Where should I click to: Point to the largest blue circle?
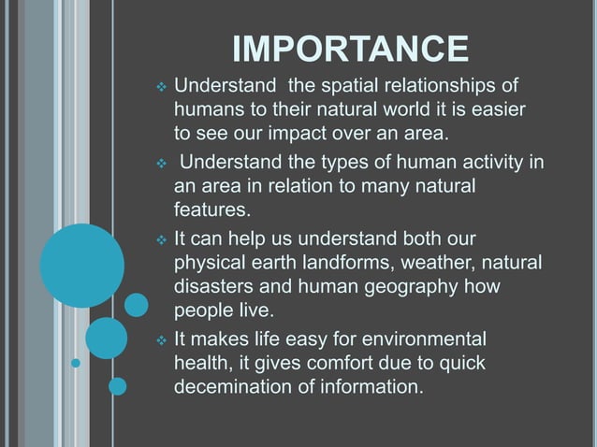click(x=82, y=266)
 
